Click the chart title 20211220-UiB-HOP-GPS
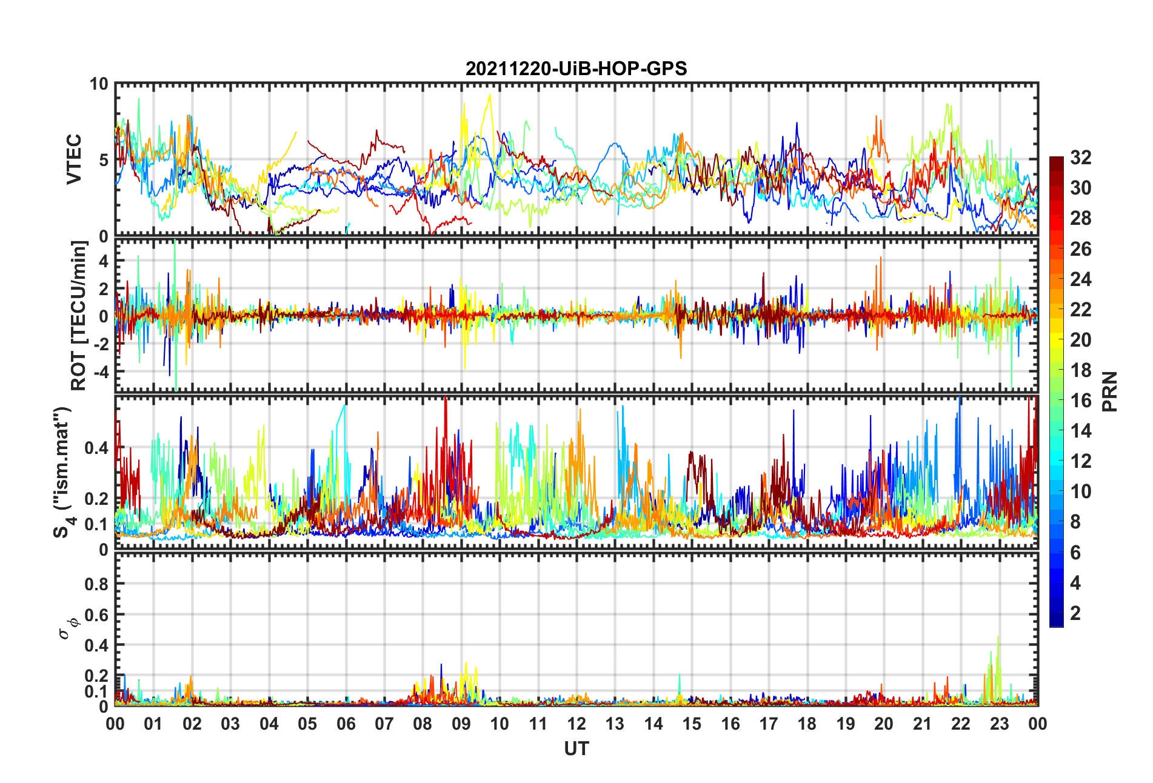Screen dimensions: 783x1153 click(576, 68)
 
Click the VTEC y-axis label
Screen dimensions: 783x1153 click(74, 159)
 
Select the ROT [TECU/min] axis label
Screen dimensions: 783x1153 click(79, 315)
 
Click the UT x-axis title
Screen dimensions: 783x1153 click(576, 749)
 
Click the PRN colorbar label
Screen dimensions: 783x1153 click(1109, 391)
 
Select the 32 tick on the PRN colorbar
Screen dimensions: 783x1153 click(1080, 158)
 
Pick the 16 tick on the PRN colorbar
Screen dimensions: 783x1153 click(1080, 401)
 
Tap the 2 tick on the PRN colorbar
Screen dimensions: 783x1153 click(1075, 613)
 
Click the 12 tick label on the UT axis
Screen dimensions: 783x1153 click(576, 724)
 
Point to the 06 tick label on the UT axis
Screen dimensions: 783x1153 click(346, 724)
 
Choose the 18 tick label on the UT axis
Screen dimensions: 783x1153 click(807, 724)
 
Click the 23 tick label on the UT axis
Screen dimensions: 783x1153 click(999, 724)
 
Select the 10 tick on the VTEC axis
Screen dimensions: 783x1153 click(98, 84)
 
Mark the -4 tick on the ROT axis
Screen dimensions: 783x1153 click(102, 371)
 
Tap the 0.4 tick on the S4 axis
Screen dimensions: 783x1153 click(96, 448)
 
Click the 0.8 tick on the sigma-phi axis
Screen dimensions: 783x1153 click(96, 584)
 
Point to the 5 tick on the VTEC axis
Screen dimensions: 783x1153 click(103, 160)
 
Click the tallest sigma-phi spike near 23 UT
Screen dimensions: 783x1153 click(998, 637)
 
